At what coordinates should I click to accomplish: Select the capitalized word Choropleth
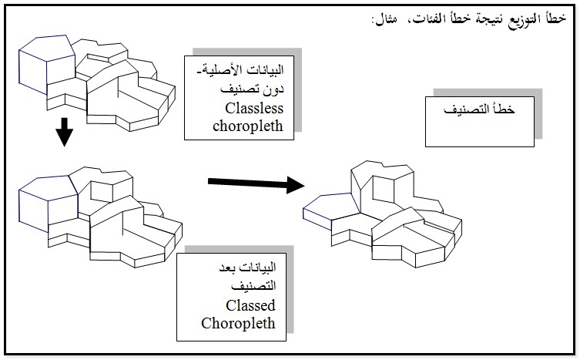[x=238, y=322]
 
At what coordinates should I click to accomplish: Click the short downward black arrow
[x=65, y=133]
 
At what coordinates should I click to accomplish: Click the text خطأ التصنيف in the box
[x=480, y=112]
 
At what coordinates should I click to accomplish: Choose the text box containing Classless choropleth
[x=240, y=97]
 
